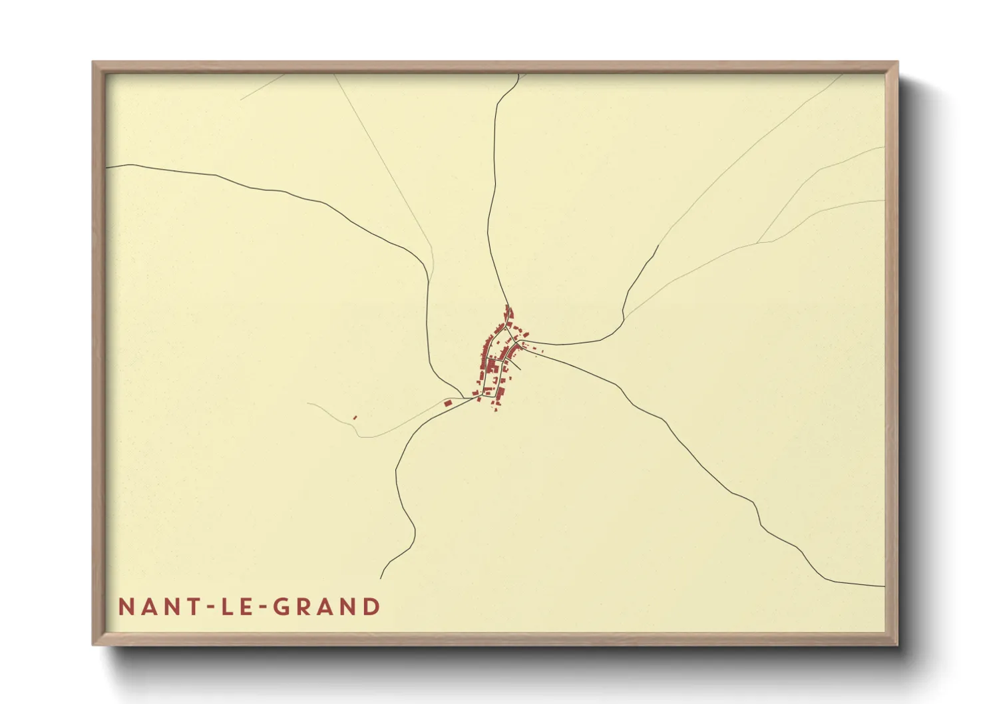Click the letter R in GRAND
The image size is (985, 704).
[305, 607]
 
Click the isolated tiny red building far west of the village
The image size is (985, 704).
[355, 418]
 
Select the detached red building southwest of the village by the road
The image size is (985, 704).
[448, 403]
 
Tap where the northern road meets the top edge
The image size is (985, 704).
[519, 75]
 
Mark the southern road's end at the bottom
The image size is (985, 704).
[381, 578]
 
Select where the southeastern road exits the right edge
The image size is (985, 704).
[883, 587]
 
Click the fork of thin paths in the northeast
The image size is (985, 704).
[758, 243]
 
